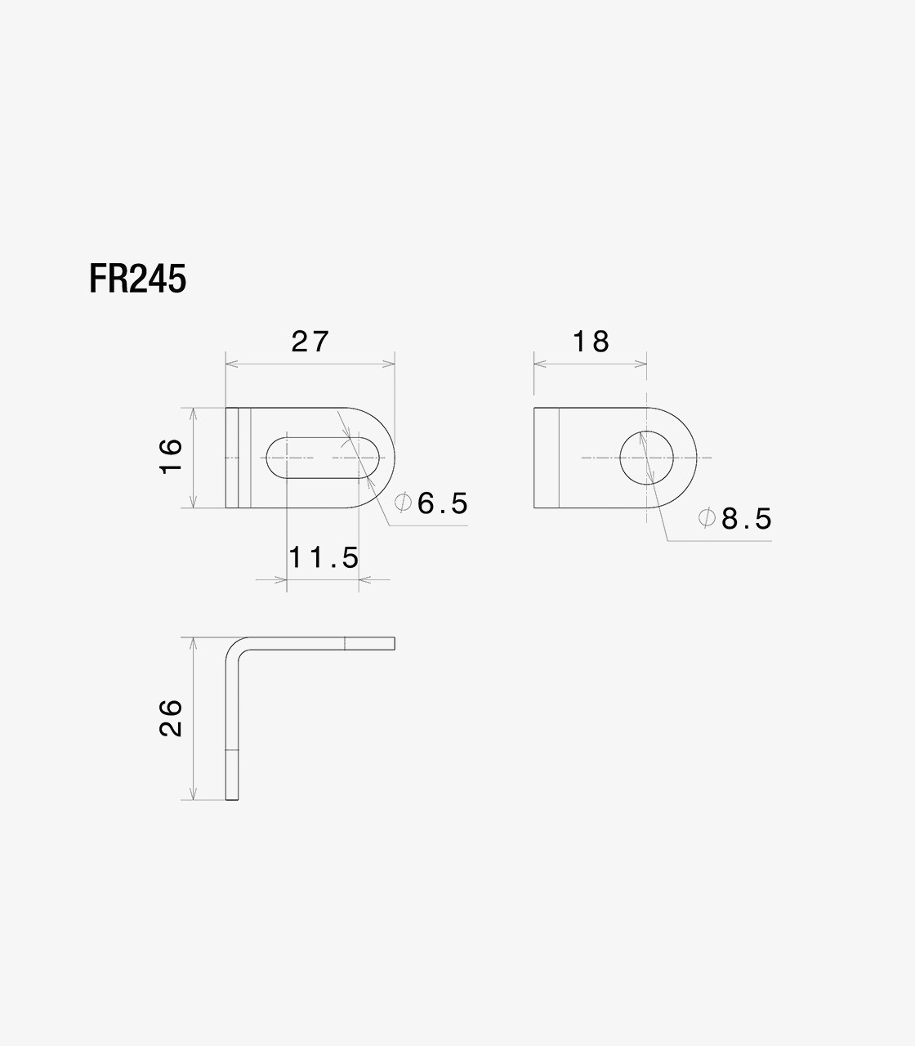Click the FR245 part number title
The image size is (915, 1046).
pos(137,279)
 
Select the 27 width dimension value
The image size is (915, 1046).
pos(310,342)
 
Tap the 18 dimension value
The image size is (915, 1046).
pos(591,342)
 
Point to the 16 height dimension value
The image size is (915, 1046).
pos(171,457)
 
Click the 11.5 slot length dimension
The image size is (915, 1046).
pos(324,557)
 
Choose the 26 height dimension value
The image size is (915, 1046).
pos(171,717)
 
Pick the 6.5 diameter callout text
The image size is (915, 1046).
pos(442,503)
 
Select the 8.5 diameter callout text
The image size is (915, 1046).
pos(747,519)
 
